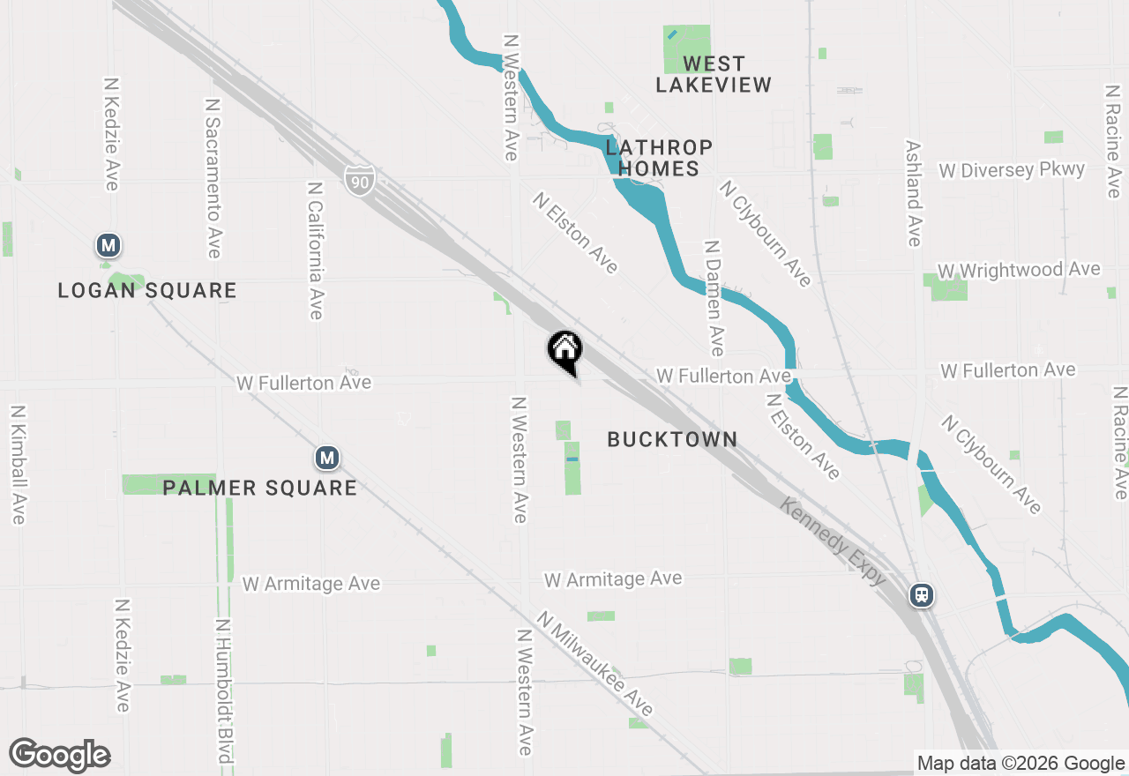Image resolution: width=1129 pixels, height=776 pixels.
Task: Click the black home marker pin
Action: click(565, 350)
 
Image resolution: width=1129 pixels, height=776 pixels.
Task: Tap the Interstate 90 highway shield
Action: click(360, 181)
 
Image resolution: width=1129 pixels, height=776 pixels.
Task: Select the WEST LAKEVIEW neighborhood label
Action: click(714, 74)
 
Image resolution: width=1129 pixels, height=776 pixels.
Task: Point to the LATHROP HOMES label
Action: click(658, 157)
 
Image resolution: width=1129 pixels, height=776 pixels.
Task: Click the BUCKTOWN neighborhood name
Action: click(672, 439)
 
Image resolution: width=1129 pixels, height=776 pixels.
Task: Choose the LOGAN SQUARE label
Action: click(147, 290)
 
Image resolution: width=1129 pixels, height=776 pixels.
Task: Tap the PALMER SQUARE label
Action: click(259, 488)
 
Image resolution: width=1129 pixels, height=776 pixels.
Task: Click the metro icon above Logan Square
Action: click(108, 245)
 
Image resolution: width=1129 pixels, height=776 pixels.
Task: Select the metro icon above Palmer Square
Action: click(327, 458)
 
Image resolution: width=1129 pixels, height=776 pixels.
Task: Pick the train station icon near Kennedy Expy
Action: click(922, 594)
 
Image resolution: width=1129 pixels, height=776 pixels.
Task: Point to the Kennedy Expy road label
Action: click(833, 541)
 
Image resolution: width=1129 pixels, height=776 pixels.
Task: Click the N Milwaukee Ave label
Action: click(595, 663)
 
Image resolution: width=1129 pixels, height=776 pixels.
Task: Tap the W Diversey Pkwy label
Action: click(1012, 169)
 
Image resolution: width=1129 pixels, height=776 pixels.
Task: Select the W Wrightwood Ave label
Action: click(1019, 270)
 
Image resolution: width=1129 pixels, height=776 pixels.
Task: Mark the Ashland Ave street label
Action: click(913, 194)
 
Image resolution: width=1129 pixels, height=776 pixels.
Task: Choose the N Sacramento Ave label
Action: click(213, 178)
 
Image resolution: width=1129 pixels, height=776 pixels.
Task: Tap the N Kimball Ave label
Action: click(17, 465)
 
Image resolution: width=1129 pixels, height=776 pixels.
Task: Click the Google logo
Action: click(60, 755)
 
